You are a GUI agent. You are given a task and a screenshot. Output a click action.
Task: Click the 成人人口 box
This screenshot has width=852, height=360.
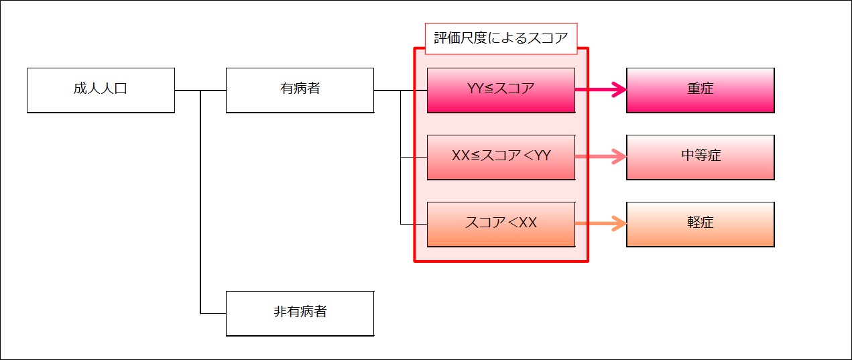101,91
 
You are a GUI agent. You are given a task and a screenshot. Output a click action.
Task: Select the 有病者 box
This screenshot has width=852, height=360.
300,91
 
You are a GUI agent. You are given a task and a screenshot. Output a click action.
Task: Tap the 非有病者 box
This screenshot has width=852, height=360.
300,314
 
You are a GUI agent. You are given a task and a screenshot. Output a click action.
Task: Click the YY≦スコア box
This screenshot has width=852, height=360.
501,91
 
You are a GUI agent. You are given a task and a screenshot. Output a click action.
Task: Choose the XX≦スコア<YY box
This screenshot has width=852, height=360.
501,157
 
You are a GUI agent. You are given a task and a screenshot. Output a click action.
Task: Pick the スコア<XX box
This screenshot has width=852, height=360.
501,225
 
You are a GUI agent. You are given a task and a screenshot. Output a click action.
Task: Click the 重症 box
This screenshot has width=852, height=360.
701,91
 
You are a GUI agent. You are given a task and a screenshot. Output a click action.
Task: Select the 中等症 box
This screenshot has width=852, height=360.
701,157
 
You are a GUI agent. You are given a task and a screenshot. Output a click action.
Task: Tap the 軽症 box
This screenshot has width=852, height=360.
701,225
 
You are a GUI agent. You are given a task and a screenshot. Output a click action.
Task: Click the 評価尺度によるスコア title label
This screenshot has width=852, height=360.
501,38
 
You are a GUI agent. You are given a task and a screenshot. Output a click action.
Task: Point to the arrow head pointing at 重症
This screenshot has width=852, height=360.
620,90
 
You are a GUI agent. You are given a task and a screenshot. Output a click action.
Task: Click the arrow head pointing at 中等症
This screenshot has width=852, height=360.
620,156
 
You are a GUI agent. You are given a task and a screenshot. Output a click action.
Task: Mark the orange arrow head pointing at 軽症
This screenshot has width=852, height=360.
620,223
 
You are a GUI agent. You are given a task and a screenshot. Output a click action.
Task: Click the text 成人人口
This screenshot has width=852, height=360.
101,88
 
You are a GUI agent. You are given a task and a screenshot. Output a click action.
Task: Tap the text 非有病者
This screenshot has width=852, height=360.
300,312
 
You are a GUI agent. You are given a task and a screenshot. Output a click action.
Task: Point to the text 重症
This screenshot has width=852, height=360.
701,88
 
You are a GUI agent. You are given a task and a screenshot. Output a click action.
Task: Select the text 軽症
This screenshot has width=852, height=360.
701,223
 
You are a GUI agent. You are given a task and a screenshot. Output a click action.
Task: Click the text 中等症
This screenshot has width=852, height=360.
701,156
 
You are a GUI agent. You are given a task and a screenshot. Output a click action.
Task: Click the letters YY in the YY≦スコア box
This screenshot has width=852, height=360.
475,88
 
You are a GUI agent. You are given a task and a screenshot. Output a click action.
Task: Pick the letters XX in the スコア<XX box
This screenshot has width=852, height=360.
528,223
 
